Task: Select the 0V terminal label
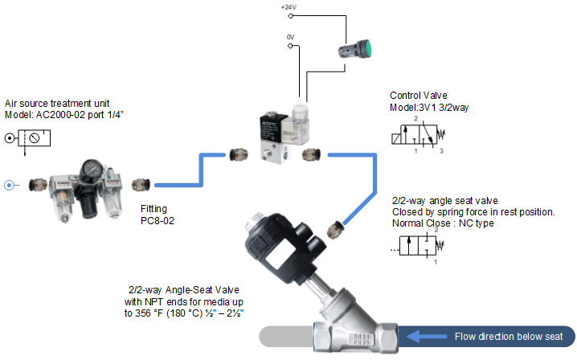(x=291, y=37)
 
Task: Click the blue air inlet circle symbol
(x=10, y=185)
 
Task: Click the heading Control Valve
(x=418, y=94)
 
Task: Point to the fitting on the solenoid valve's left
(x=238, y=151)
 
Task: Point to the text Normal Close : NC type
(x=443, y=223)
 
